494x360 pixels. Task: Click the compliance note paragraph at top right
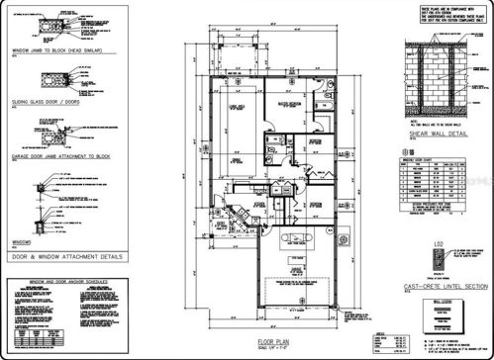434,15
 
